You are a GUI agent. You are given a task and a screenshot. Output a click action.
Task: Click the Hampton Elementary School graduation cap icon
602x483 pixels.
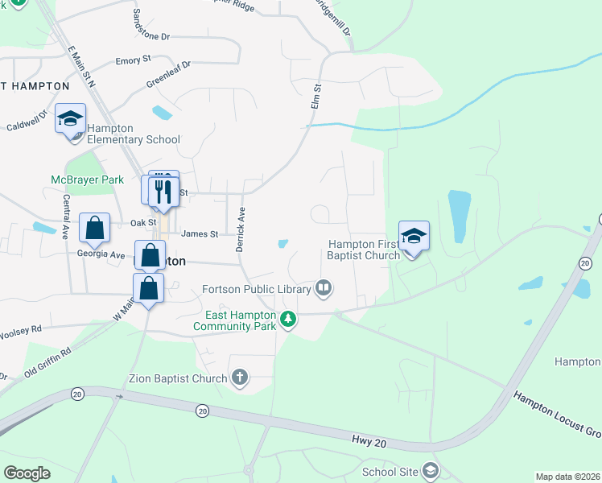70,119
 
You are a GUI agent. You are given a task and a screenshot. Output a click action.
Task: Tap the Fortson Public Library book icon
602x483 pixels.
324,287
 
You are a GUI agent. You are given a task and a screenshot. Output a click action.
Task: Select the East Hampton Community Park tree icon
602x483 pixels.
288,320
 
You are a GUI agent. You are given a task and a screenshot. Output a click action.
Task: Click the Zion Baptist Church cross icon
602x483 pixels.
239,376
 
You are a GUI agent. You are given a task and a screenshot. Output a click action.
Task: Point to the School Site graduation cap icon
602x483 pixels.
431,471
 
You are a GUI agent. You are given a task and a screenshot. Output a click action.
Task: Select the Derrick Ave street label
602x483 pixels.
240,229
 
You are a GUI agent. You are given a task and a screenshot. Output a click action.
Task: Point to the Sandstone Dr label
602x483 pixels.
152,27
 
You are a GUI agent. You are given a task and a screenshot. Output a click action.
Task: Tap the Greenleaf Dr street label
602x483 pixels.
168,76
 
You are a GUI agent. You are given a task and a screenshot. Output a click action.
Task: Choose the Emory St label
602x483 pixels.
134,60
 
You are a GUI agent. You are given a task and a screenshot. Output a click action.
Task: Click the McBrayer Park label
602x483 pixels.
87,180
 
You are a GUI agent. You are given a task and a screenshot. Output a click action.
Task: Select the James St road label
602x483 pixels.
200,234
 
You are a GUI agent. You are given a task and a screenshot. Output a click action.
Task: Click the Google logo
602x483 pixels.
27,473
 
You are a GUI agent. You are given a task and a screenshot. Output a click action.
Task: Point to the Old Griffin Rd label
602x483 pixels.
47,361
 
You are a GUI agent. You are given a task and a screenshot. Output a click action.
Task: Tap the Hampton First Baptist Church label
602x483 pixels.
363,250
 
